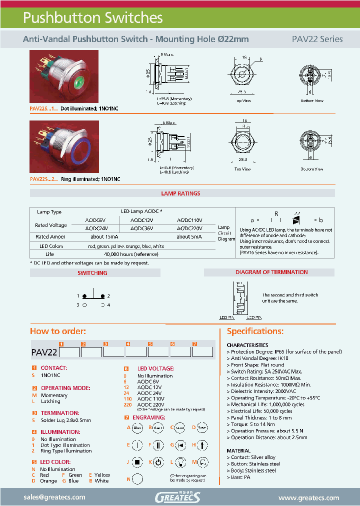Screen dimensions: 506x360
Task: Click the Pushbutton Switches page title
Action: click(93, 18)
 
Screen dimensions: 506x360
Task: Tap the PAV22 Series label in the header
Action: click(317, 39)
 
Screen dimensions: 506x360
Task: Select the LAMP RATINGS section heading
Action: click(180, 193)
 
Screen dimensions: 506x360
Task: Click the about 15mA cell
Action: click(104, 236)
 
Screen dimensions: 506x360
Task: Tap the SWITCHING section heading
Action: click(92, 273)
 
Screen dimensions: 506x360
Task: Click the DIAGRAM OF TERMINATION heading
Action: click(271, 272)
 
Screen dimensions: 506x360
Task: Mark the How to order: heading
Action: click(58, 331)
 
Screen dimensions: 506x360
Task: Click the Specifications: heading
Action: click(255, 331)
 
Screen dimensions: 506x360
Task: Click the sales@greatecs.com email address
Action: click(54, 497)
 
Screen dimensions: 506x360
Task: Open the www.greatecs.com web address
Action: click(308, 497)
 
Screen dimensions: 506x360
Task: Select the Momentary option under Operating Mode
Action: click(54, 395)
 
